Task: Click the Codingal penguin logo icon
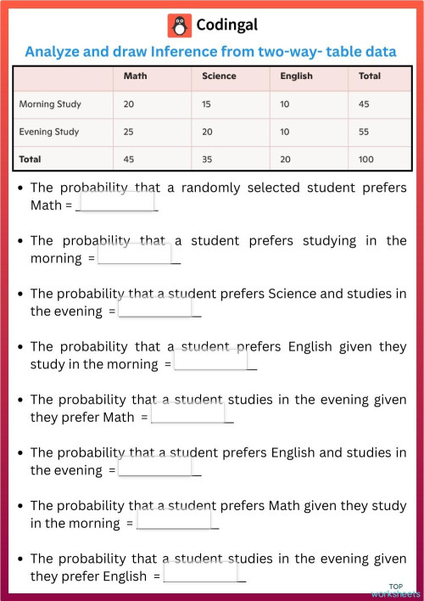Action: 180,25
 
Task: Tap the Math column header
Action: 134,76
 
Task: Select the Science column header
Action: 219,76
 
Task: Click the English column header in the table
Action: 296,76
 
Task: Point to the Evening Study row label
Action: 48,132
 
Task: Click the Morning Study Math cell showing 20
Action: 130,104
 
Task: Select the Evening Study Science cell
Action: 209,132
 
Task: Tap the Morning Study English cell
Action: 287,104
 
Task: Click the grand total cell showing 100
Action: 367,159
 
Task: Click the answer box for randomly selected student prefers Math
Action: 116,203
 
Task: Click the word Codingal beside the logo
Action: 226,25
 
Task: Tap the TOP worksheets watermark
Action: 396,590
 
